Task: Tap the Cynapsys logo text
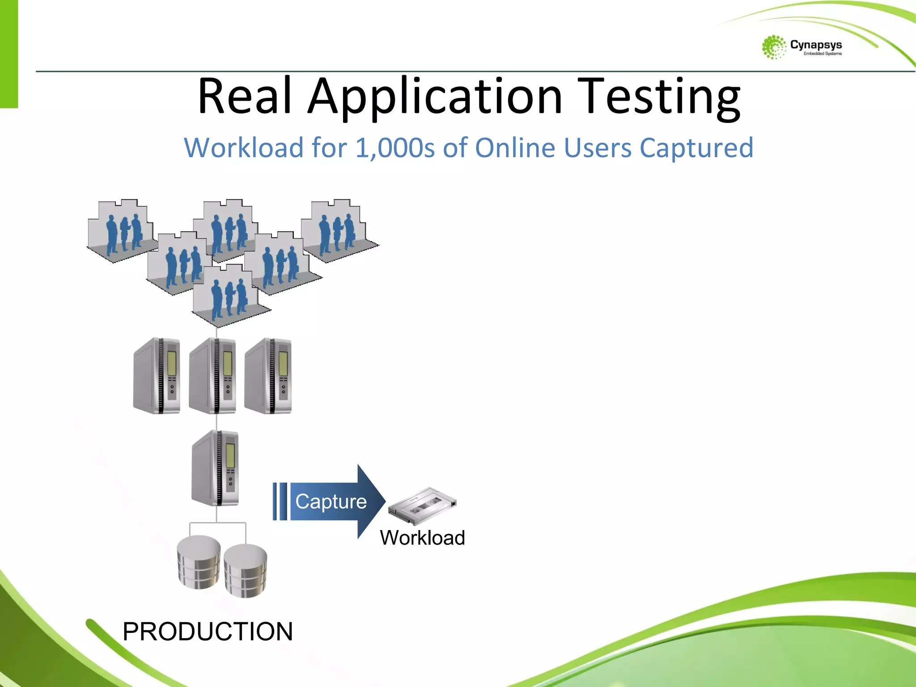click(816, 45)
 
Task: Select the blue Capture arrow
click(329, 501)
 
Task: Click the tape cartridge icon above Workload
click(422, 505)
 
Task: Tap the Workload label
click(422, 538)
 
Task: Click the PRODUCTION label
click(208, 631)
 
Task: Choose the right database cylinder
click(245, 570)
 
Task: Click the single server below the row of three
click(216, 468)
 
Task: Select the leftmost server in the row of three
click(157, 376)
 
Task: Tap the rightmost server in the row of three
click(268, 376)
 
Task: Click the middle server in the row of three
click(213, 376)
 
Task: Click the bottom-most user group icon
click(228, 295)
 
